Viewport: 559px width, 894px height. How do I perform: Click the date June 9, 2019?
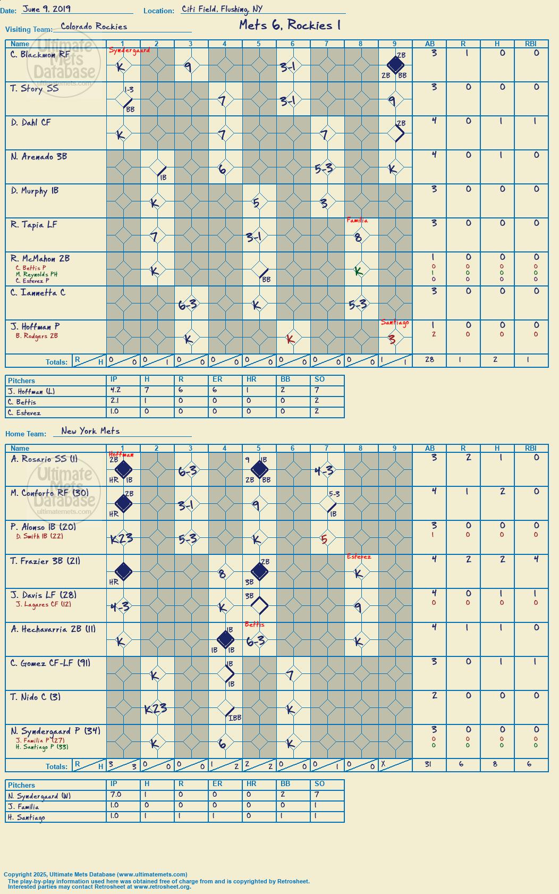tap(47, 9)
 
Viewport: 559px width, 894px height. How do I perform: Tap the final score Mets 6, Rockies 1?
tap(290, 25)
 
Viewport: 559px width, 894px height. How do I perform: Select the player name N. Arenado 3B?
tap(39, 156)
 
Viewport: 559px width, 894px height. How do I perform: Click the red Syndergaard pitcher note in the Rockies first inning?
tap(129, 50)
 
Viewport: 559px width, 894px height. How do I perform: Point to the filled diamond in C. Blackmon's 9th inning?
tap(395, 65)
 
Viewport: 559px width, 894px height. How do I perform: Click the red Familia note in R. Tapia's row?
tap(357, 220)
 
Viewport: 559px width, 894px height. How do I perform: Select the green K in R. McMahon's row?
tap(358, 272)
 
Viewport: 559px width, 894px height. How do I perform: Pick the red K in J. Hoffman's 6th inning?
tap(291, 339)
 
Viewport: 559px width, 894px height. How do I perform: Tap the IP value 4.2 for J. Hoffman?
tap(115, 390)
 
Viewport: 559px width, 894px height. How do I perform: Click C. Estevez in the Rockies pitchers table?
tap(24, 412)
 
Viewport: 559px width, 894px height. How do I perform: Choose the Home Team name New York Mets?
tap(90, 431)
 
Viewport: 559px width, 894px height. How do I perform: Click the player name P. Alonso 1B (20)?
tap(43, 527)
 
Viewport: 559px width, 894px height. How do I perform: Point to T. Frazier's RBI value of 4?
tap(536, 559)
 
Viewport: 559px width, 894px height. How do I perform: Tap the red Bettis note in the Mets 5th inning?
tap(254, 625)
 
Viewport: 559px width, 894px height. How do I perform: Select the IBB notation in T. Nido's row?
tap(235, 718)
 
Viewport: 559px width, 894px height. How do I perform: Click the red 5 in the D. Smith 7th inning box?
tap(324, 539)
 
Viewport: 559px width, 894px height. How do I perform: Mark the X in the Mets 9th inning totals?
tap(383, 763)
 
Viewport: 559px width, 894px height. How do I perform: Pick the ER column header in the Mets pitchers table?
tap(217, 783)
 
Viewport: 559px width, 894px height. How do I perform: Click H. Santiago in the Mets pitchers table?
tap(27, 817)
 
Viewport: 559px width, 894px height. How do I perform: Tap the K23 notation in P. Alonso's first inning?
tap(121, 539)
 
